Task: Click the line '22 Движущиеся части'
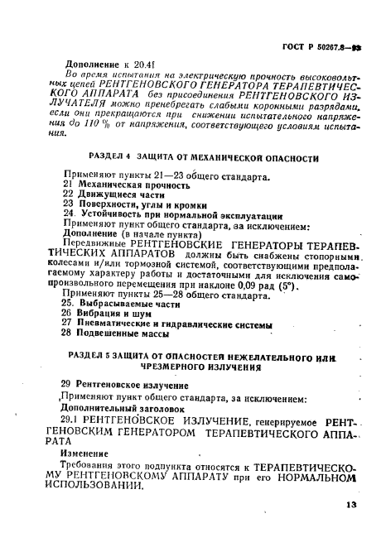coord(108,194)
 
